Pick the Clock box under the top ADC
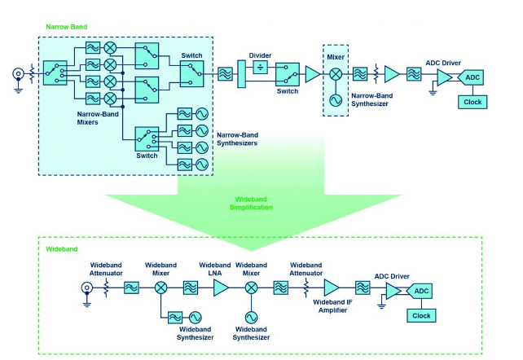(472, 102)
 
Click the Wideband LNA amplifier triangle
(220, 288)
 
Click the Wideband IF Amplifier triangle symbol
(332, 288)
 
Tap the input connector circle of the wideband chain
(85, 288)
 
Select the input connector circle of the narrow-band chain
(16, 72)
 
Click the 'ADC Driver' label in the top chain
(445, 61)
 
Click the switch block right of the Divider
(286, 76)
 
